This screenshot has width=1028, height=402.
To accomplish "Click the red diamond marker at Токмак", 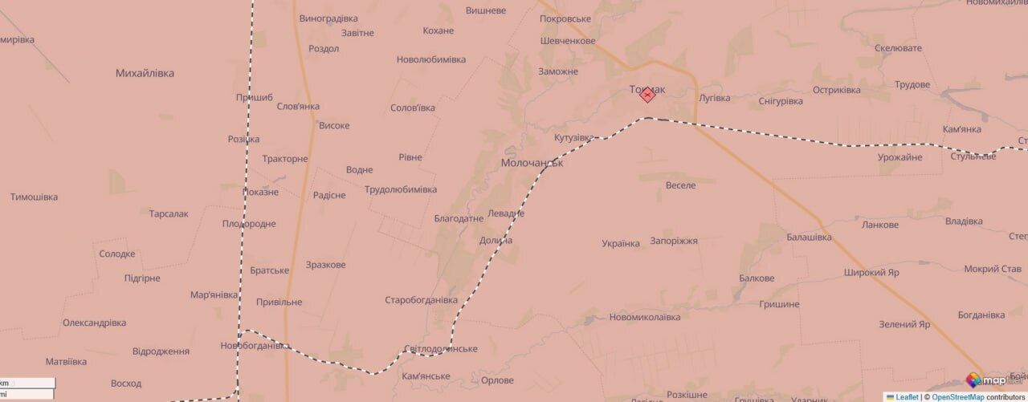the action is click(x=647, y=95).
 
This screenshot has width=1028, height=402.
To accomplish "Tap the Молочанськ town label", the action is click(x=532, y=162).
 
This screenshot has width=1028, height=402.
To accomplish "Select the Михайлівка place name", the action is click(x=145, y=73).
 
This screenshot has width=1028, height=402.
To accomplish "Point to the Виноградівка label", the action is click(x=328, y=18).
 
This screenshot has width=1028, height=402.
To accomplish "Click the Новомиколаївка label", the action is click(x=645, y=317).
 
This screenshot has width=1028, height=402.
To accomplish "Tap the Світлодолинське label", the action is click(x=441, y=349).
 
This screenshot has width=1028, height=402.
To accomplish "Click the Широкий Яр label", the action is click(x=871, y=272).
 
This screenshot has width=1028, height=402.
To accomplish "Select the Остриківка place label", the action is click(x=836, y=90).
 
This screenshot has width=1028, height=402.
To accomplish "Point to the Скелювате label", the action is click(x=898, y=48).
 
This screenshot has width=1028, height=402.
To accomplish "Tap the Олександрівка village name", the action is click(x=94, y=323).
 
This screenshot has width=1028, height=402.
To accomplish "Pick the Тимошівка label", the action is click(x=34, y=197).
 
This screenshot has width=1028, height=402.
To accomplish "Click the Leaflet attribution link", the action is click(x=907, y=396).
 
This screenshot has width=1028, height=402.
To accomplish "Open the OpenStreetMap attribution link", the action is click(x=957, y=396).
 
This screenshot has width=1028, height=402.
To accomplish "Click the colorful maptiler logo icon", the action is click(x=973, y=380).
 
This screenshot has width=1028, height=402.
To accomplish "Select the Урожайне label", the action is click(x=900, y=157).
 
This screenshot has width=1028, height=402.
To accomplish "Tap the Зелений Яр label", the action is click(x=904, y=324).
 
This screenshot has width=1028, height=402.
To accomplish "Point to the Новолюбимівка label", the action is click(x=430, y=59).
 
